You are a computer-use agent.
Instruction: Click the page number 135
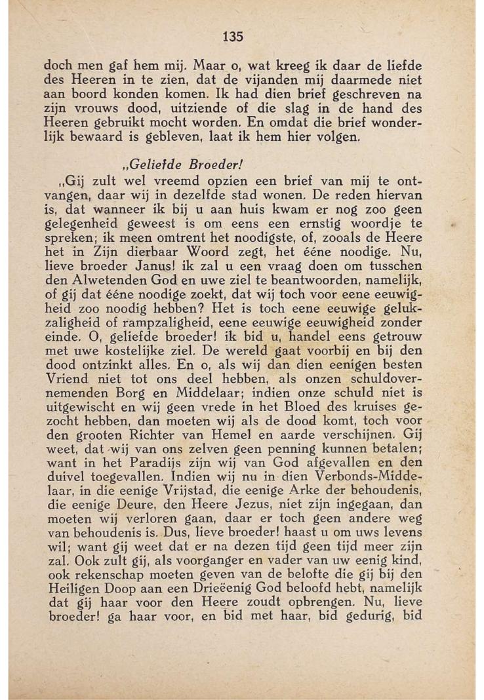click(233, 37)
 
